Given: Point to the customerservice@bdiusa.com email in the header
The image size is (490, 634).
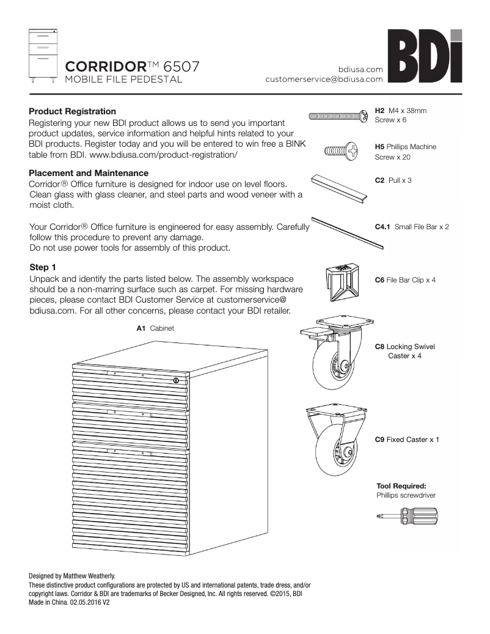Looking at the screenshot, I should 324,79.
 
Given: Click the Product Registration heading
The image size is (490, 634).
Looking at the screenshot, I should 72,111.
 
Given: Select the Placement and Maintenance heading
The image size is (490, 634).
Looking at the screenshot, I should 89,173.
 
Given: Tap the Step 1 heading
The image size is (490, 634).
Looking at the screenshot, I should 43,267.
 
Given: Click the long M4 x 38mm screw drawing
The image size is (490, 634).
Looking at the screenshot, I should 339,116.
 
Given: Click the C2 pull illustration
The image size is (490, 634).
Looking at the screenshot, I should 339,186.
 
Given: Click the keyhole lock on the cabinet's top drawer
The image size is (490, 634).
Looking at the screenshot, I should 176,381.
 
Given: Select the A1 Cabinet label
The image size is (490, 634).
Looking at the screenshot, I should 155,328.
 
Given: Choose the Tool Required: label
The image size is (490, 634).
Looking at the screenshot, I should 401,485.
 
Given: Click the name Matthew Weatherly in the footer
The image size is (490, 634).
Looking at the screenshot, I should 90,576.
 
